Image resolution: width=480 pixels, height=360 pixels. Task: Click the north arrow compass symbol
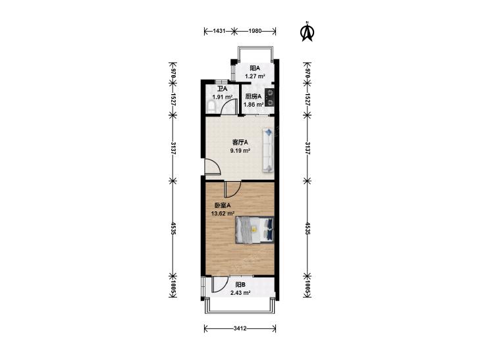(x=306, y=31)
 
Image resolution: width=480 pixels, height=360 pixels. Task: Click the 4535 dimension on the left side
(x=173, y=228)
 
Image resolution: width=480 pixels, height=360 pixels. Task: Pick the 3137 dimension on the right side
(x=307, y=146)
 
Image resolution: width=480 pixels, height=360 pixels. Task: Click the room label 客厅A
(x=240, y=142)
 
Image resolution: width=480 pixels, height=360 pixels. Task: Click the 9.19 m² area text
(x=240, y=150)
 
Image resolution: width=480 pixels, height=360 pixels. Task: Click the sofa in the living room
(x=267, y=150)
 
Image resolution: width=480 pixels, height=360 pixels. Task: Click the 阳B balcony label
(x=240, y=285)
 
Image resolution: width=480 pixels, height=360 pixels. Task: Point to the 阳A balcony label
(x=255, y=68)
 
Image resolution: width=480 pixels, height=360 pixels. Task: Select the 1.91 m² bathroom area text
(x=223, y=97)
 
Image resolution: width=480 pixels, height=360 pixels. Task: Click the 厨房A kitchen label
(x=253, y=96)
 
